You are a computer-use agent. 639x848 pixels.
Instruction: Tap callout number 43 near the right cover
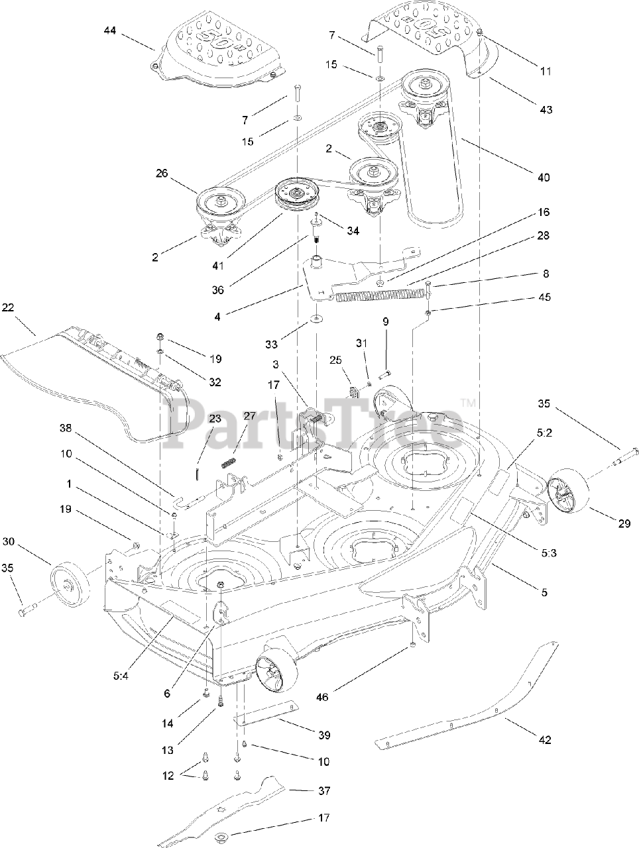(545, 110)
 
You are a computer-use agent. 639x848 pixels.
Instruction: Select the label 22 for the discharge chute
(27, 309)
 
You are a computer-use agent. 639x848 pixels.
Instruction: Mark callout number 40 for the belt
(544, 177)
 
